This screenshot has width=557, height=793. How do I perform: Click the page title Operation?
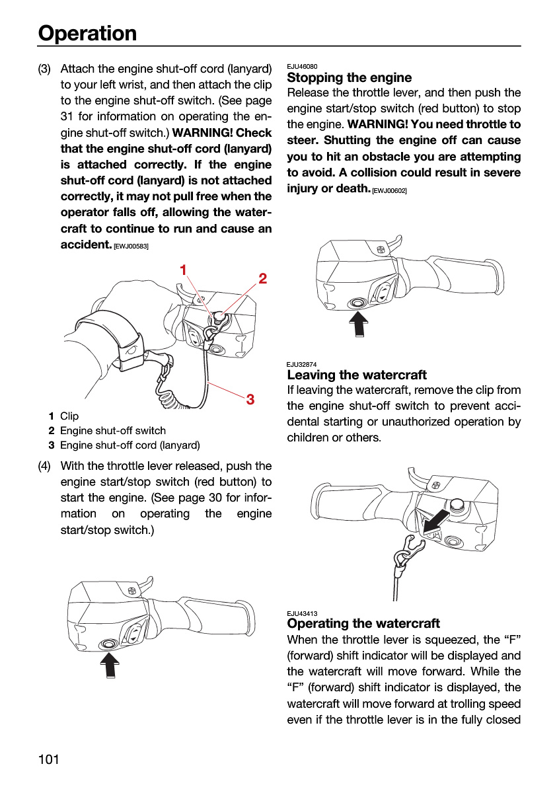click(87, 33)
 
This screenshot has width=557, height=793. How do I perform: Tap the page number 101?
click(48, 759)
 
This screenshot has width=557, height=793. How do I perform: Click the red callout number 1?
click(183, 270)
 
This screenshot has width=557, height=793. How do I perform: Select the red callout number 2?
click(262, 279)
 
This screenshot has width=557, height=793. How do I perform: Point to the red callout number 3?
click(250, 399)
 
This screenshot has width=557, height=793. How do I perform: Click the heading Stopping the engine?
click(350, 77)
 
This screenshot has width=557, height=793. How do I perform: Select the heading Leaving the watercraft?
click(357, 375)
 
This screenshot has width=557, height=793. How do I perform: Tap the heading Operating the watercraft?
click(363, 623)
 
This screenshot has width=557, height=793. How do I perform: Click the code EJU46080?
click(302, 66)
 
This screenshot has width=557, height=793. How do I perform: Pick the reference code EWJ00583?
click(131, 246)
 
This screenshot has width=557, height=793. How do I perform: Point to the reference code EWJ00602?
click(389, 191)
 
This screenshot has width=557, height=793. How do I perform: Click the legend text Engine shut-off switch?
click(113, 430)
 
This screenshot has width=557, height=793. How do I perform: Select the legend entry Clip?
click(69, 416)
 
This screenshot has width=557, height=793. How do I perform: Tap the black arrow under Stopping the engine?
click(359, 324)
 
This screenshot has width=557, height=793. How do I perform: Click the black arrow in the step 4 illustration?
click(110, 665)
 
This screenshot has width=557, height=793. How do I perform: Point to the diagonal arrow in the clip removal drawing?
click(435, 521)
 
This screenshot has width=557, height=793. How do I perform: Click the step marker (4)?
click(44, 466)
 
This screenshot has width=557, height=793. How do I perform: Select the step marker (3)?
click(44, 69)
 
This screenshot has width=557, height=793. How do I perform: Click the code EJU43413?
click(302, 613)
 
